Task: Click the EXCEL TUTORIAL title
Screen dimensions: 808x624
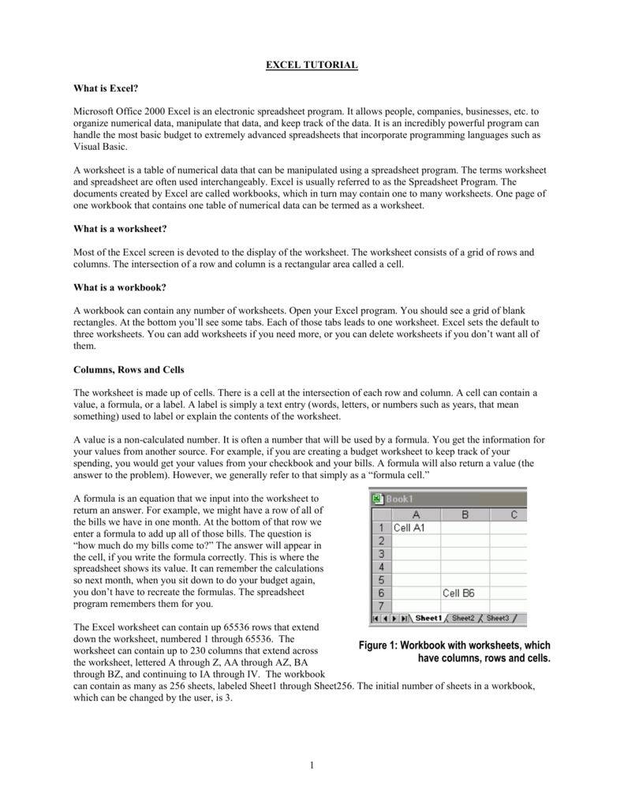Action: pyautogui.click(x=312, y=65)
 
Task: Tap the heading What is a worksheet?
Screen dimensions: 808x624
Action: pyautogui.click(x=120, y=228)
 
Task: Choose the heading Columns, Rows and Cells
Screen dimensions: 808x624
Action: pyautogui.click(x=132, y=369)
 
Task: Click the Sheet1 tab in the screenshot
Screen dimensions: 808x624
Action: pyautogui.click(x=428, y=618)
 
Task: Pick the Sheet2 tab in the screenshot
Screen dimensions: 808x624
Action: pyautogui.click(x=463, y=618)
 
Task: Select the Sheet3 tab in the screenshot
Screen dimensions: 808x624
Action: pyautogui.click(x=497, y=618)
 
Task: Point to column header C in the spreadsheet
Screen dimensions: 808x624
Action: pyautogui.click(x=514, y=514)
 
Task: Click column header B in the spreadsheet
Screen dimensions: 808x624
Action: pyautogui.click(x=465, y=514)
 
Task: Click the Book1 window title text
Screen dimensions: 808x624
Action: pyautogui.click(x=400, y=499)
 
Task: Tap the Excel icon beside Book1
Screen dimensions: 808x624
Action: pyautogui.click(x=377, y=499)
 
